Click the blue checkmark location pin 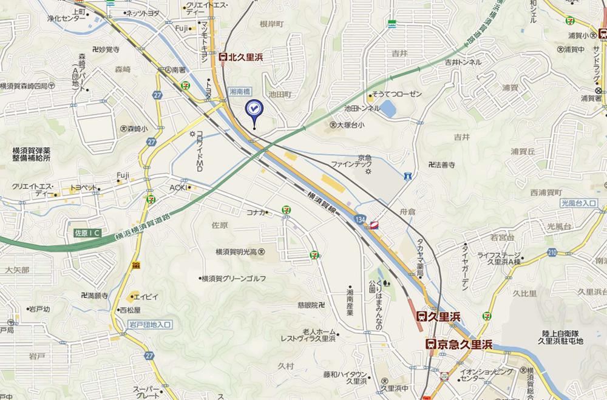coord(253,109)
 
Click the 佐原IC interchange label coord(86,232)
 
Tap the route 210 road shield coord(551,251)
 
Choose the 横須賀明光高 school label coord(240,251)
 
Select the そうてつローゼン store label coord(398,95)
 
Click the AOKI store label coord(180,187)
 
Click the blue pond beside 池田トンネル coord(387,109)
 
